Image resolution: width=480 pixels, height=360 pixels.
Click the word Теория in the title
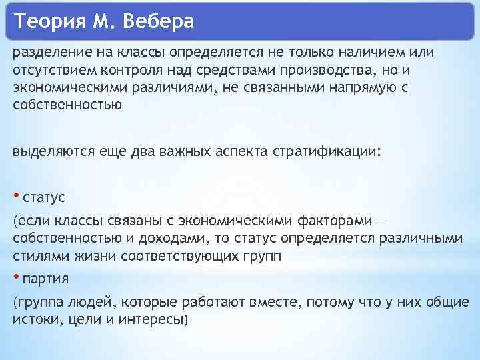click(x=47, y=22)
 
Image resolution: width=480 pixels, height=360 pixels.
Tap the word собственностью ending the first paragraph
click(x=67, y=105)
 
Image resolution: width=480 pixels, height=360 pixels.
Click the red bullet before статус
click(x=16, y=195)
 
